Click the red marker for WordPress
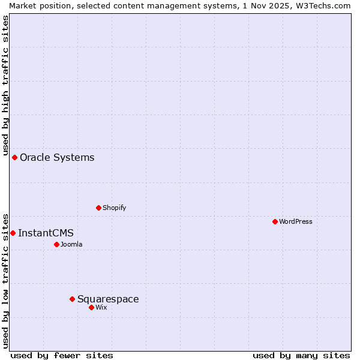coord(275,221)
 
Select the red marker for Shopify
coord(98,208)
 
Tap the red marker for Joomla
coord(56,244)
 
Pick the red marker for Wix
coord(91,307)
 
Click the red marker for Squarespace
coord(72,299)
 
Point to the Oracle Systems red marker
coord(14,157)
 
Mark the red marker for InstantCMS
coord(13,233)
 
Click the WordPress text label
coord(296,221)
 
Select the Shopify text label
coord(115,208)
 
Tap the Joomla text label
coord(71,244)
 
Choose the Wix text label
coord(101,307)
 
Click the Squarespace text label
coord(108,299)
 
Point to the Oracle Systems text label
coord(57,157)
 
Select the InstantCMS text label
coord(46,233)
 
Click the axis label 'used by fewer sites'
coord(62,355)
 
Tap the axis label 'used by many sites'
coord(301,355)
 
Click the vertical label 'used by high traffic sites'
coord(5,85)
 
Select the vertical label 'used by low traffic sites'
coord(5,280)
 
